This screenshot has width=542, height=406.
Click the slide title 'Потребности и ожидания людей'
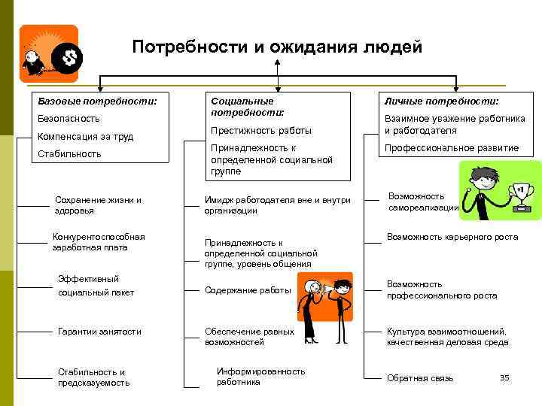coord(277,47)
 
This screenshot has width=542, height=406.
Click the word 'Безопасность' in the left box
coord(69,119)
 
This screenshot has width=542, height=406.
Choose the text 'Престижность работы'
coord(260,131)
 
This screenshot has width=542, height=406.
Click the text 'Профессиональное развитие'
coord(452,148)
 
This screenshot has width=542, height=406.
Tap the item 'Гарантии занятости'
coord(99,332)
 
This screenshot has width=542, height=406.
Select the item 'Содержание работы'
coord(248,290)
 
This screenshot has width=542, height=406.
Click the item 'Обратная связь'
coord(420,378)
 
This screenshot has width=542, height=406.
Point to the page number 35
coord(504,377)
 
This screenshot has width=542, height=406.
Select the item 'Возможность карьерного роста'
coord(452,238)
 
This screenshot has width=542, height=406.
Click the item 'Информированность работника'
coord(260,377)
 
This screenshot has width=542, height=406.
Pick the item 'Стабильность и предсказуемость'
coord(93,377)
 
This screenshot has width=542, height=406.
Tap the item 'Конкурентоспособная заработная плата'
coord(98,242)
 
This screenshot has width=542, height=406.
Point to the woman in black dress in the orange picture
coord(309,308)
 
